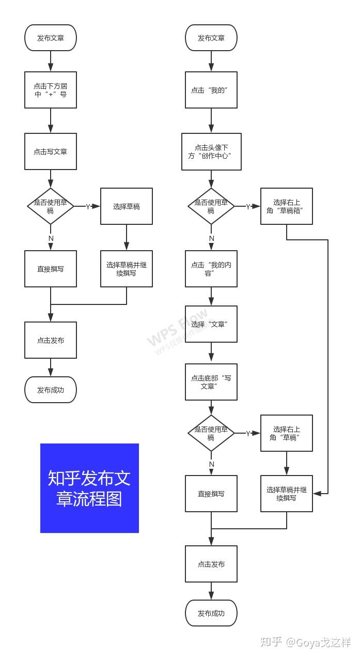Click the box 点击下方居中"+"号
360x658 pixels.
tap(51, 90)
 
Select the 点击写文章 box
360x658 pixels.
tap(51, 151)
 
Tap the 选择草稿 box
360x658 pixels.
tap(127, 206)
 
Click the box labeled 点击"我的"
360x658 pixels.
tap(211, 90)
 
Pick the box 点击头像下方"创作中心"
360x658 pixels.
tap(211, 151)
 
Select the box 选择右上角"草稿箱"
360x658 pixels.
tap(287, 206)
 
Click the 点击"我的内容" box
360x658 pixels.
tap(211, 269)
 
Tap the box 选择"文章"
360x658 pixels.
tap(211, 324)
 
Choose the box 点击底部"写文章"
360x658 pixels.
tap(211, 382)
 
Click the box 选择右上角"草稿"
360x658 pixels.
tap(287, 433)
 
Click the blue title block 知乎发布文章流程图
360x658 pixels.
tap(89, 488)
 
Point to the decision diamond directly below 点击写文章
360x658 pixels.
tap(51, 206)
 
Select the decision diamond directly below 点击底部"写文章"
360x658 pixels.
tap(211, 433)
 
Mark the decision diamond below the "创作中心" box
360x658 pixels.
tap(211, 206)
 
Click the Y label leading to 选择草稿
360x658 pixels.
tap(88, 206)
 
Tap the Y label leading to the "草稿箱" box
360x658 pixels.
tap(248, 206)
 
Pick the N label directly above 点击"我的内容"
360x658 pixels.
tap(211, 238)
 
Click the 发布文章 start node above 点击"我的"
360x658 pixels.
tap(211, 38)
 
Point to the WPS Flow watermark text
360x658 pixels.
tap(178, 328)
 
